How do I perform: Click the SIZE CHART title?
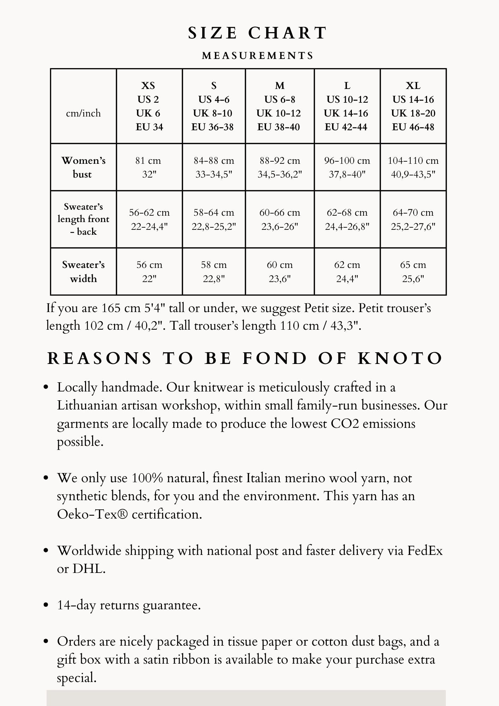(258, 33)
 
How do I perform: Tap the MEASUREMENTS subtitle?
(258, 56)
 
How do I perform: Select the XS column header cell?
(149, 106)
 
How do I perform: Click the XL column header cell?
(413, 106)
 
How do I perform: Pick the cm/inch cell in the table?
(83, 113)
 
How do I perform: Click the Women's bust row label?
(83, 167)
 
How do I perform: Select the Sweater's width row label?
(83, 271)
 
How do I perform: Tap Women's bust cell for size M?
(279, 167)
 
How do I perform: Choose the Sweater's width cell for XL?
(413, 271)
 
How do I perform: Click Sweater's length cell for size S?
(214, 219)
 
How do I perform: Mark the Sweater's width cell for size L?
(347, 271)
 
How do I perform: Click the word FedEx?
(425, 551)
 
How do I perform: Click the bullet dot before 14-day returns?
(46, 605)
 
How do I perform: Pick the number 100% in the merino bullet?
(147, 478)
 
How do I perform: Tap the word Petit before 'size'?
(317, 308)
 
